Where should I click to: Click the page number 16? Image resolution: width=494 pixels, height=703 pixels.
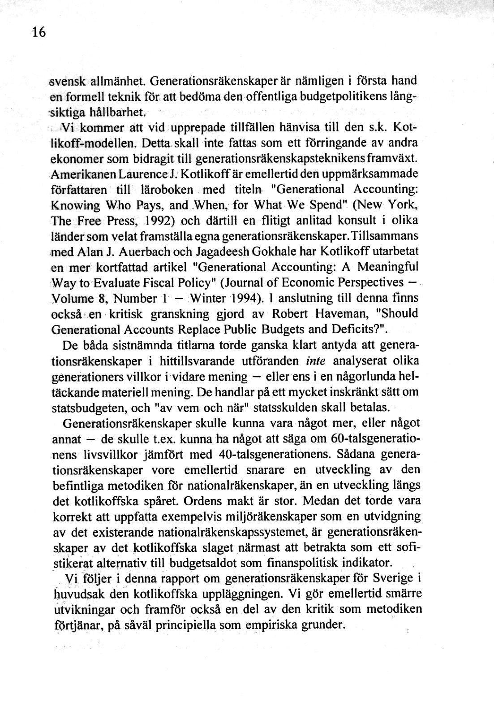pyautogui.click(x=39, y=33)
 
